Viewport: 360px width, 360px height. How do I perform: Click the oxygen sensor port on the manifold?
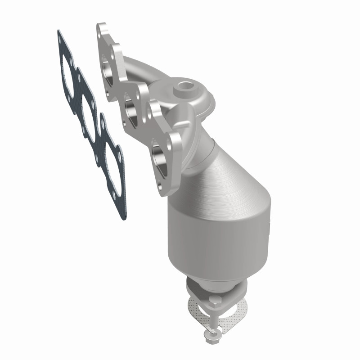[184, 84]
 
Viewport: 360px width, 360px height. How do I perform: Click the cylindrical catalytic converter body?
[211, 238]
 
